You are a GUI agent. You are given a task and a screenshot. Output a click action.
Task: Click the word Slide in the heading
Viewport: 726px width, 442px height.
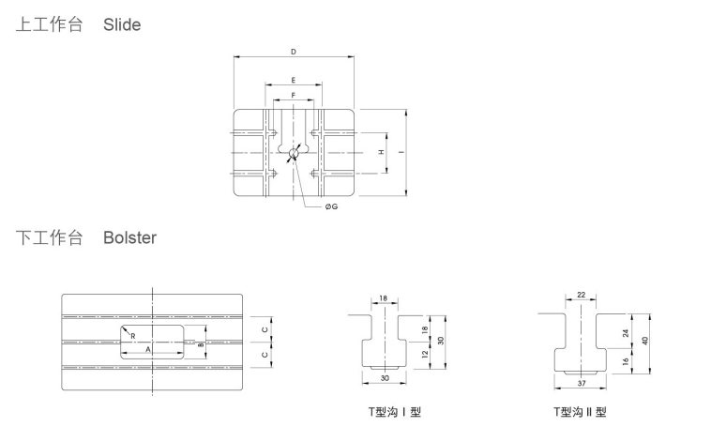122,24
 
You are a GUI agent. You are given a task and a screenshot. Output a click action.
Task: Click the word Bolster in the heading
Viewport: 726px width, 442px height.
129,237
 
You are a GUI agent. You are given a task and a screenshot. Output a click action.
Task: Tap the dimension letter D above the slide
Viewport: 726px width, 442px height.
294,52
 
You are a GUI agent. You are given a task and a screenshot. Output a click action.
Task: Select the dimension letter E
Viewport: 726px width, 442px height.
294,80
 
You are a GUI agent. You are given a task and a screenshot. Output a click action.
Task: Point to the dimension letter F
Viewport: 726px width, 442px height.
294,96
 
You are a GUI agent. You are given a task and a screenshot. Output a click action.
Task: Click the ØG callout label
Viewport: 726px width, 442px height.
331,206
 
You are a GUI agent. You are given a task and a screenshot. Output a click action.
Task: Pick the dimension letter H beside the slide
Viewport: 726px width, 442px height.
382,152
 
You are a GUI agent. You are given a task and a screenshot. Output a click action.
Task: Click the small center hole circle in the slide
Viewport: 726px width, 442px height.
294,153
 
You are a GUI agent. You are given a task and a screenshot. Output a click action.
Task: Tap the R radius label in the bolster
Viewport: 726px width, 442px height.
133,336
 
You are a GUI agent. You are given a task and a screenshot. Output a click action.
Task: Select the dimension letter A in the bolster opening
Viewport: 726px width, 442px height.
148,349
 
